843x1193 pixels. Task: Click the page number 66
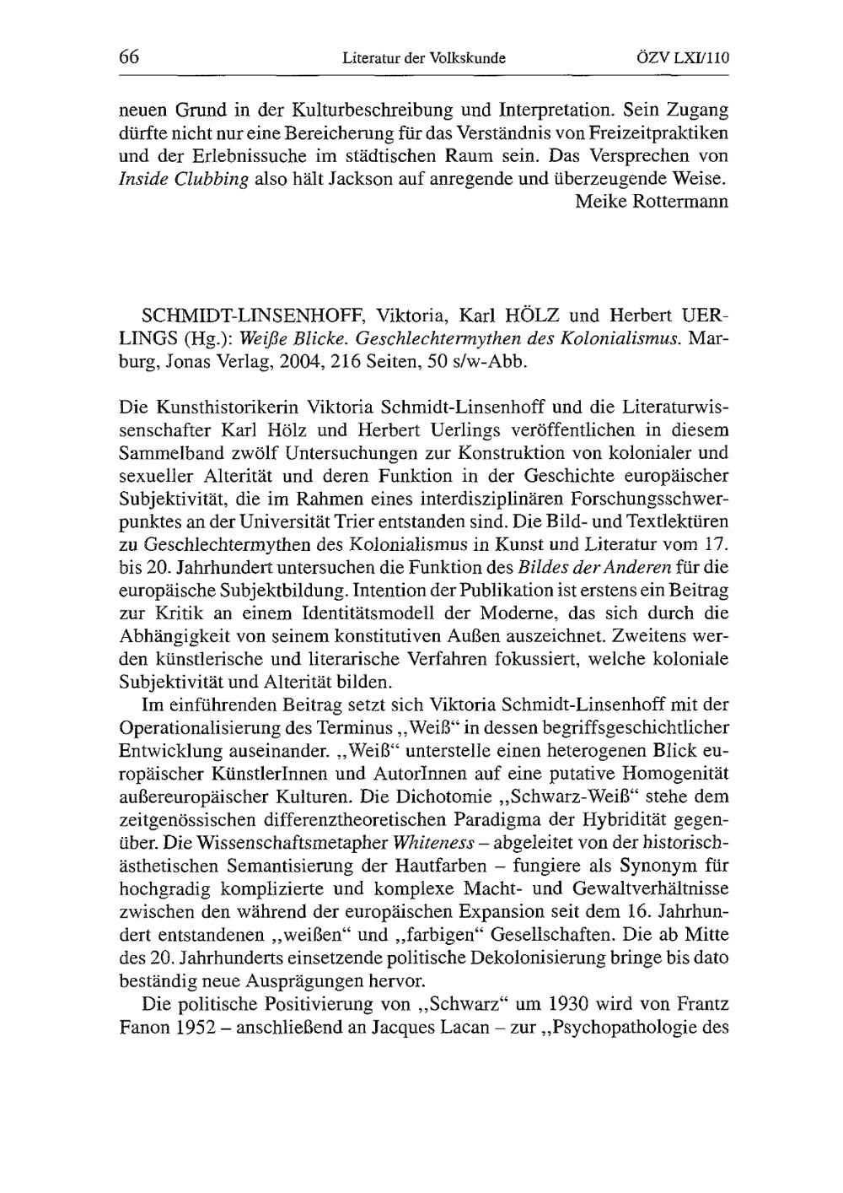click(128, 57)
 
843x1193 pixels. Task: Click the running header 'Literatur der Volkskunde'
click(423, 58)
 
